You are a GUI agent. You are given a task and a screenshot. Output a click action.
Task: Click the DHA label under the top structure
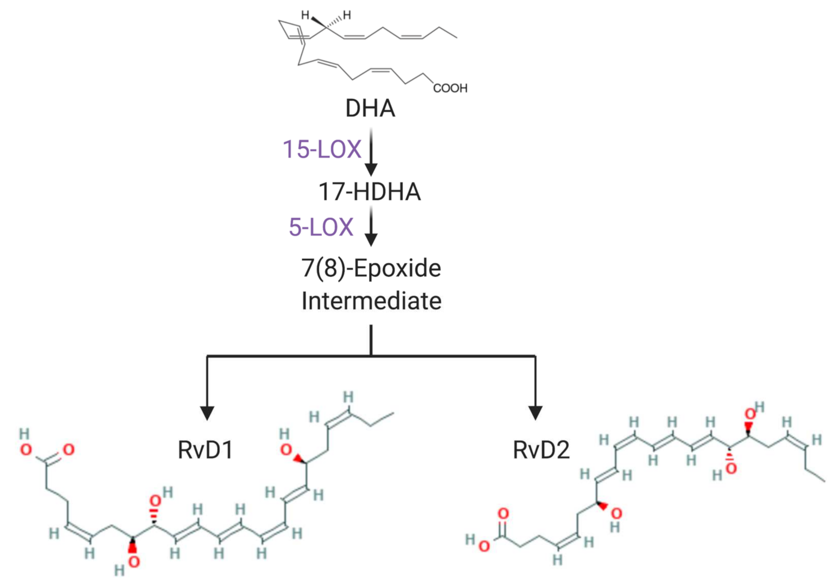click(x=370, y=109)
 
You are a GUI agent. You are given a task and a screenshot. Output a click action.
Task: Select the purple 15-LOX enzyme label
click(x=322, y=149)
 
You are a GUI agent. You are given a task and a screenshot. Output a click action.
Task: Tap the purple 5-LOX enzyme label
click(x=321, y=227)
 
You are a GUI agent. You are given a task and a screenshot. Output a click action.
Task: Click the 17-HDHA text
click(x=370, y=192)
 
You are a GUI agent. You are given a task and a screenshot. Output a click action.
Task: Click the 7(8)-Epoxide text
click(x=371, y=268)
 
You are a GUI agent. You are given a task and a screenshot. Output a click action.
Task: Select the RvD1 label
click(x=205, y=450)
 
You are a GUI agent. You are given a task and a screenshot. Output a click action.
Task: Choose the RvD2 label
click(x=541, y=450)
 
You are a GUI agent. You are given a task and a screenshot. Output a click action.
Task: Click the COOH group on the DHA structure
click(x=450, y=88)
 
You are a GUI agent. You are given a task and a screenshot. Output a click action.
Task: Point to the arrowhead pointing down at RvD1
click(x=207, y=413)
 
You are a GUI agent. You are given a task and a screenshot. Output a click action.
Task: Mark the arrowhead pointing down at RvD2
click(x=536, y=413)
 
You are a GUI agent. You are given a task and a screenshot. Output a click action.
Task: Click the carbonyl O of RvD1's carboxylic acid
click(x=68, y=449)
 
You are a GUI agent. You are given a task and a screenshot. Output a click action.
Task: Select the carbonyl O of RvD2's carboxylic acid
click(x=503, y=513)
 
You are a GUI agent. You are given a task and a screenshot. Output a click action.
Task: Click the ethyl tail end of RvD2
click(x=824, y=481)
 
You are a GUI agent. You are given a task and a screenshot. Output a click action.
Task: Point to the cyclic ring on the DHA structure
click(x=290, y=30)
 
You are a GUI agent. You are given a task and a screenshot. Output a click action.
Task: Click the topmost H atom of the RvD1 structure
click(x=348, y=397)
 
